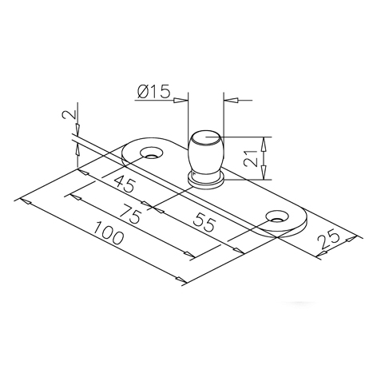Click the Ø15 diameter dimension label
pyautogui.click(x=153, y=92)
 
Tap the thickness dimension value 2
pyautogui.click(x=69, y=114)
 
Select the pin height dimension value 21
pyautogui.click(x=252, y=158)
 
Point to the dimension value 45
pyautogui.click(x=125, y=184)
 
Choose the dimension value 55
pyautogui.click(x=204, y=221)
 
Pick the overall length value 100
pyautogui.click(x=109, y=232)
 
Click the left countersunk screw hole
pyautogui.click(x=152, y=153)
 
